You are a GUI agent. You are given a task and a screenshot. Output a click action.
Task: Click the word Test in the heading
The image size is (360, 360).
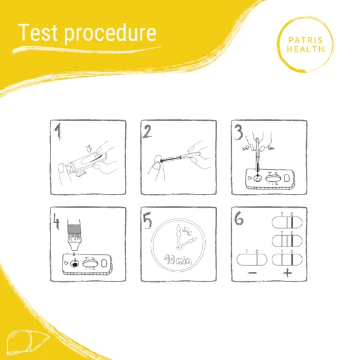tap(37, 32)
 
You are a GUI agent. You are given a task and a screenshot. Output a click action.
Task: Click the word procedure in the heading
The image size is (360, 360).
tap(110, 34)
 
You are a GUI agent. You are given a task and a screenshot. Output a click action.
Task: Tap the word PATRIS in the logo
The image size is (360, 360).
tap(305, 40)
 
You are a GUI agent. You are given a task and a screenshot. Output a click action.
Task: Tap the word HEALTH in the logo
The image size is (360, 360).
tap(305, 49)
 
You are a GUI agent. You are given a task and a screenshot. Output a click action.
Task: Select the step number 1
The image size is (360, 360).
tap(58, 131)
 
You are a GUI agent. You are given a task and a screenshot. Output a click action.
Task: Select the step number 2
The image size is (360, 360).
tap(147, 131)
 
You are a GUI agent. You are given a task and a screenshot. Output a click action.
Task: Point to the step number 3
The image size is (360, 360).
tap(239, 132)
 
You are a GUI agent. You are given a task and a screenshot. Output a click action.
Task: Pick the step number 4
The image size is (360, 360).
tap(56, 221)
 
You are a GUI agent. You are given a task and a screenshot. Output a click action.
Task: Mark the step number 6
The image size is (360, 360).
tap(239, 218)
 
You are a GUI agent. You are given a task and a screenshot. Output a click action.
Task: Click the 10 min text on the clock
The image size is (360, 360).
tap(178, 260)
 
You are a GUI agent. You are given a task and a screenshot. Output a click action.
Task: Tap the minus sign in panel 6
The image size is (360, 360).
tap(252, 273)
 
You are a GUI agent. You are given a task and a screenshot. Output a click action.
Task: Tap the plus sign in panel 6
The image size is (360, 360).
tap(287, 273)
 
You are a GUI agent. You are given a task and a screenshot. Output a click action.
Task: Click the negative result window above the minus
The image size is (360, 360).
tap(252, 260)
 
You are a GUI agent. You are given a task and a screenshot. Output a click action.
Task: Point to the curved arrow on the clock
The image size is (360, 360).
tap(188, 230)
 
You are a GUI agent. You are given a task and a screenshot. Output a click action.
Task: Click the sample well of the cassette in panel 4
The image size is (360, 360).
tap(74, 264)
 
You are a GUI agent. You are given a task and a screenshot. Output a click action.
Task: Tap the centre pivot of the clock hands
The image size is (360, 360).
tap(179, 247)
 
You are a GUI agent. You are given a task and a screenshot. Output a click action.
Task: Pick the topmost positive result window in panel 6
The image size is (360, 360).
tap(287, 223)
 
